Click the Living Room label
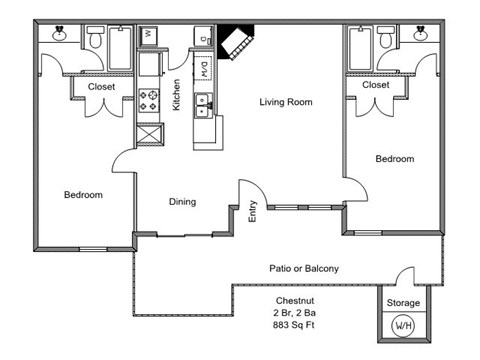[286, 102]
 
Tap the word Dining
[182, 202]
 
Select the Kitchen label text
[177, 95]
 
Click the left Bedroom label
[83, 195]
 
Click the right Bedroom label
[394, 159]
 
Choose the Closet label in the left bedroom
[101, 87]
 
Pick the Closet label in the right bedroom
[376, 85]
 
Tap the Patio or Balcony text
[304, 268]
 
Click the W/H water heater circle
[404, 325]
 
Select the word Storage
[403, 303]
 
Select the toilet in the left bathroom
[95, 40]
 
